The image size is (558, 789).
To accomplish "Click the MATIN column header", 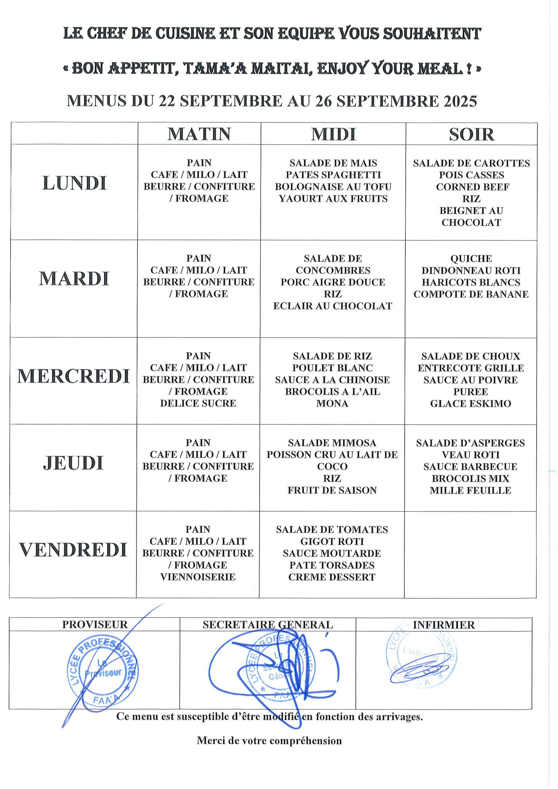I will tap(199, 134).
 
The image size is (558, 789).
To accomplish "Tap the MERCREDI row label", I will tap(74, 376).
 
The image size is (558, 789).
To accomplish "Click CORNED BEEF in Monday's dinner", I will tap(472, 187).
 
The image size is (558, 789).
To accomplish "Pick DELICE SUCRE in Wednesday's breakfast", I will tap(198, 403).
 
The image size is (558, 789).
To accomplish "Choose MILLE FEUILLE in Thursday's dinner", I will tap(470, 490).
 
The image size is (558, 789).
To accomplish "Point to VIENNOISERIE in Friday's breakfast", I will tap(198, 577).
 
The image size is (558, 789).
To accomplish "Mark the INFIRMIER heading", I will tap(444, 625).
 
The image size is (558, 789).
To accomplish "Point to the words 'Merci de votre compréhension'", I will tap(269, 741).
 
